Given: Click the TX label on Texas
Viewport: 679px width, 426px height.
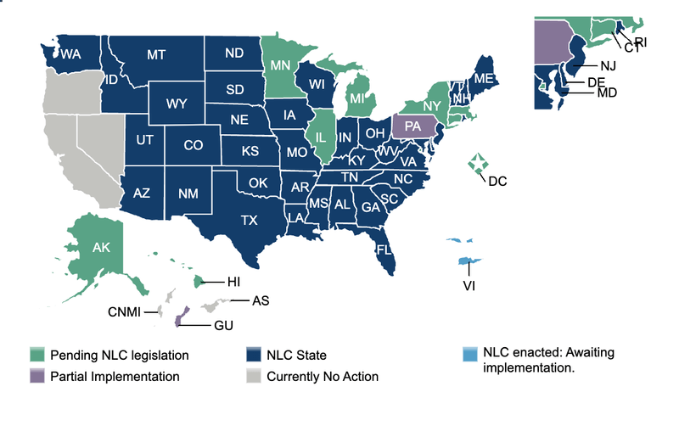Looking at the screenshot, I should click(x=249, y=220).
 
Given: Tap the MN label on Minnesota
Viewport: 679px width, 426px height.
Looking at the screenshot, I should click(x=277, y=64).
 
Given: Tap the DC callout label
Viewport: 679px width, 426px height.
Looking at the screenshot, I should click(x=497, y=181).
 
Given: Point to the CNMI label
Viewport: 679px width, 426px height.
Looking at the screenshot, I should click(x=125, y=312).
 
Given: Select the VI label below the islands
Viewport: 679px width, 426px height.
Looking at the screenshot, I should click(x=469, y=285).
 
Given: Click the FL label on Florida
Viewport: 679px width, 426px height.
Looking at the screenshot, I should click(x=384, y=249).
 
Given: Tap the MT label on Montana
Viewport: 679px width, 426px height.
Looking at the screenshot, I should click(x=155, y=55).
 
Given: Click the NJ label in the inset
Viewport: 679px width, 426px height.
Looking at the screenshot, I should click(x=607, y=66).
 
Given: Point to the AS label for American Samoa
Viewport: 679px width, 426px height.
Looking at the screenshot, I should click(x=261, y=300).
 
